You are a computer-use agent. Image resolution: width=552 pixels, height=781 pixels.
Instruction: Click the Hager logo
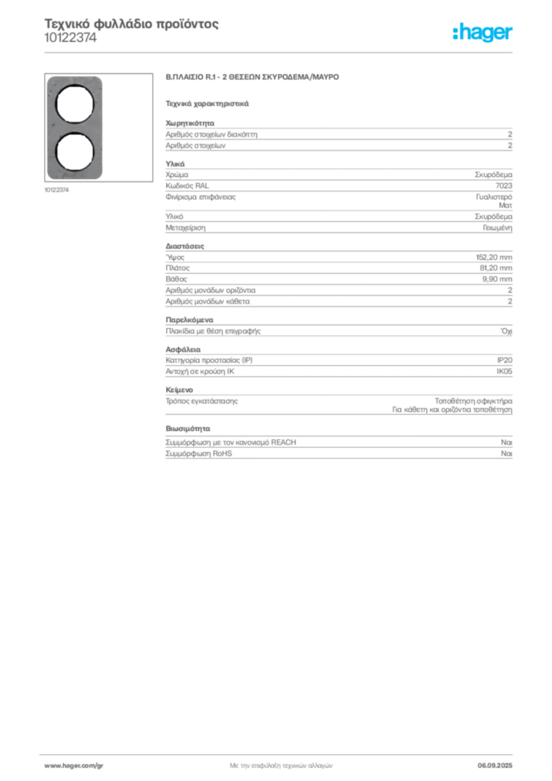pos(483,32)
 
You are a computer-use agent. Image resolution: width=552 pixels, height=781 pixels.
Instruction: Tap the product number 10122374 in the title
pos(70,38)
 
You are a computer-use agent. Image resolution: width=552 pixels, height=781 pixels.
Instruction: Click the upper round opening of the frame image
pos(75,104)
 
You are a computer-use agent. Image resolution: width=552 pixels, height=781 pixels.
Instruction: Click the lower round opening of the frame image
pos(75,153)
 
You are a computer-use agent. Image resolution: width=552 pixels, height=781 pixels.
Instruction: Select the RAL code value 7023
pos(504,186)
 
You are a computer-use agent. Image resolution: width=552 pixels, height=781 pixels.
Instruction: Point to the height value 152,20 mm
pos(494,258)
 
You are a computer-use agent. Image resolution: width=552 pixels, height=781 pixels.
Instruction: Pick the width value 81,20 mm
pos(496,268)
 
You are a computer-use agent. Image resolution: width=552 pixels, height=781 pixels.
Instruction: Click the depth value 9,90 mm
pos(497,279)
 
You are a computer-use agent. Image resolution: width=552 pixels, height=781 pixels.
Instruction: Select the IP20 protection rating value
pos(504,360)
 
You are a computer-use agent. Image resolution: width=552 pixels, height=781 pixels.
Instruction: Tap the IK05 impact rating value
pos(504,371)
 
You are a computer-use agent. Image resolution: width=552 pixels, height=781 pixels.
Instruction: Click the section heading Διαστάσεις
pos(185,246)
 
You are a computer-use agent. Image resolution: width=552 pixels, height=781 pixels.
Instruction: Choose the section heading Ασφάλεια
pos(183,349)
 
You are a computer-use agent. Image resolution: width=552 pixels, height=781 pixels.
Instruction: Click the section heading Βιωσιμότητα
pos(188,429)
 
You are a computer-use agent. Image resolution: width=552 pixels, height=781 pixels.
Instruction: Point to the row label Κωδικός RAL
pos(187,186)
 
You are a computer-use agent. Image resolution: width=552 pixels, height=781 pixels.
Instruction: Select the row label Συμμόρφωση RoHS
pos(198,453)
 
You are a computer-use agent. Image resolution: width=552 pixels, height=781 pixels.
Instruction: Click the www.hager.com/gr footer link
pos(74,766)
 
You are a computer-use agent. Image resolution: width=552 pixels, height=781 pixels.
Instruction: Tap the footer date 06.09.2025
pos(495,766)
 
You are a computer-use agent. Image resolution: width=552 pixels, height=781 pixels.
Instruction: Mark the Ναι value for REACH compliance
pos(506,442)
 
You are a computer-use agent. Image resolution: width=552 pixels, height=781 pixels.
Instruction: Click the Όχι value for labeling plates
pos(506,331)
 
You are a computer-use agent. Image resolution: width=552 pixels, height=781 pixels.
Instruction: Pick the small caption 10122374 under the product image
pos(56,190)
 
